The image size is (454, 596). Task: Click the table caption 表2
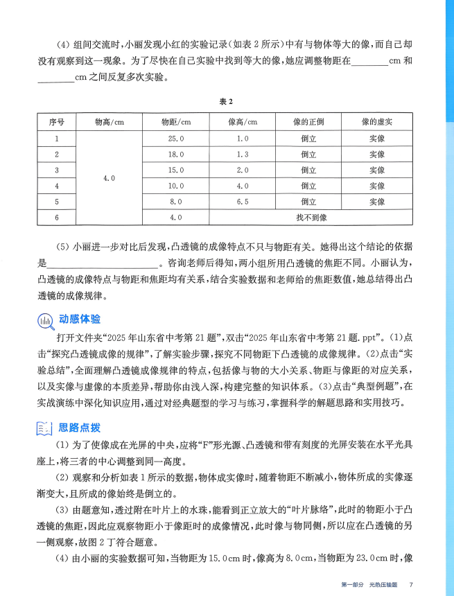227,102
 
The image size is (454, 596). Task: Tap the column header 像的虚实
376,122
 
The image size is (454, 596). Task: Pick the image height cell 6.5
242,202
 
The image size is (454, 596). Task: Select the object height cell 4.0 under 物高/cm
109,178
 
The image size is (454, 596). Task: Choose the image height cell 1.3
242,155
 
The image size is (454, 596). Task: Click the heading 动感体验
80,319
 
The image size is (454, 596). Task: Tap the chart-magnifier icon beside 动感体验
45,320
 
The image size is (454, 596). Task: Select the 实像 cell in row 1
376,139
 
